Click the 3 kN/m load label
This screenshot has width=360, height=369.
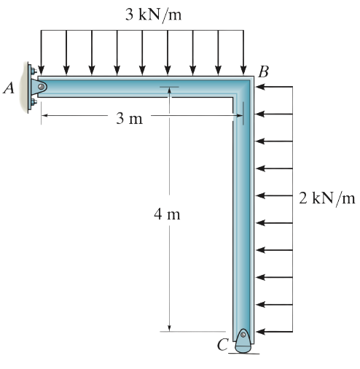[x=153, y=15]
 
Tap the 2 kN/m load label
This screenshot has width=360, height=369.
[x=327, y=198]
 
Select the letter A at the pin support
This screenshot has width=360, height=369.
[x=9, y=88]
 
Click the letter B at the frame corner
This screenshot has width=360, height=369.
[x=264, y=72]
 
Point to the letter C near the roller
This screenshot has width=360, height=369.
[x=223, y=344]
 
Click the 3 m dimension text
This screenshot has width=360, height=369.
[x=129, y=119]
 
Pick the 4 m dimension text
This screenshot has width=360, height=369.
[x=167, y=214]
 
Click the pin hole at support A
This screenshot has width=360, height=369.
[x=42, y=87]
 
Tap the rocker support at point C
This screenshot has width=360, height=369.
[x=243, y=341]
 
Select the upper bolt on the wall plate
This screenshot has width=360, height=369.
[x=34, y=71]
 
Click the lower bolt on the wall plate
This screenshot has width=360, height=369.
[x=34, y=101]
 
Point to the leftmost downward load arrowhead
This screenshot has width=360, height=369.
[x=42, y=71]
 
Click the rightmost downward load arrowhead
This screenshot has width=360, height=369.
[x=243, y=71]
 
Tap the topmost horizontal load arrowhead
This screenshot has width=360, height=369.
[x=260, y=87]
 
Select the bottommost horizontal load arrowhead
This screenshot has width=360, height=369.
[x=260, y=332]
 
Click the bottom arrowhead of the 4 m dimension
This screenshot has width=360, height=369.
[x=169, y=328]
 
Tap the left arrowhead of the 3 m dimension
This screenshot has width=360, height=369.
[x=45, y=116]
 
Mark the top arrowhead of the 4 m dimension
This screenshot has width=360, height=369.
[x=169, y=90]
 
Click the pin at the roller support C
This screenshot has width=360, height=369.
[x=243, y=335]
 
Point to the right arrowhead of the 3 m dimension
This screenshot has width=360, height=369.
[x=239, y=116]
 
